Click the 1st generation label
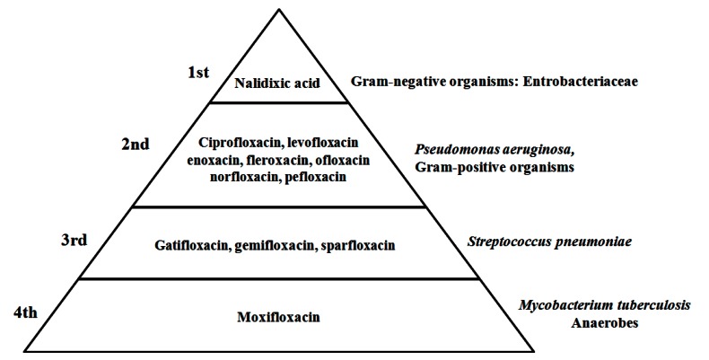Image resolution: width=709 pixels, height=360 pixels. pos(198,72)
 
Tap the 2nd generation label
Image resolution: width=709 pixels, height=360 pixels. pos(136,145)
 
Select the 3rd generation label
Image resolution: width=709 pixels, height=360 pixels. pos(74,240)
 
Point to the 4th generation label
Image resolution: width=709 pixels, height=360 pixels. pos(24,312)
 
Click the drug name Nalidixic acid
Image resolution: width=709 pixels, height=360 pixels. pos(277,83)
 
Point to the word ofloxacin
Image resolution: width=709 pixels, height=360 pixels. pos(342,160)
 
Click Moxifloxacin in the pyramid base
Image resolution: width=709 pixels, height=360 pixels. pos(278,317)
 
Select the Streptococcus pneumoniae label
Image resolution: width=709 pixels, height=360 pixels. pos(549,241)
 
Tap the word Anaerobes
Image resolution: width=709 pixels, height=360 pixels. pos(604,323)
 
